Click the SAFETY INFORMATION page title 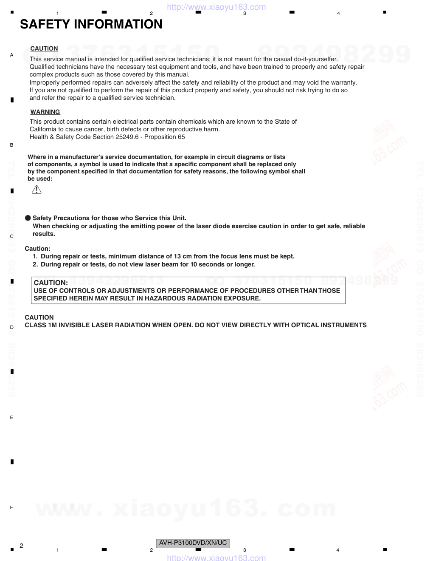click(x=91, y=24)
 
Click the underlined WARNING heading click(x=45, y=112)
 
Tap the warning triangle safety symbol click(x=37, y=190)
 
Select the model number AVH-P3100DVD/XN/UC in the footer click(x=193, y=543)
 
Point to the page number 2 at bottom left click(x=21, y=546)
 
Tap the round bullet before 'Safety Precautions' click(x=28, y=218)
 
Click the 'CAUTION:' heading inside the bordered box click(x=51, y=283)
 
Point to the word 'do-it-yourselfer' click(x=315, y=59)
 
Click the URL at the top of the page click(x=216, y=7)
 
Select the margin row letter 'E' click(x=11, y=417)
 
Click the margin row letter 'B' click(x=11, y=145)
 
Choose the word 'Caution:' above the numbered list click(x=37, y=249)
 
